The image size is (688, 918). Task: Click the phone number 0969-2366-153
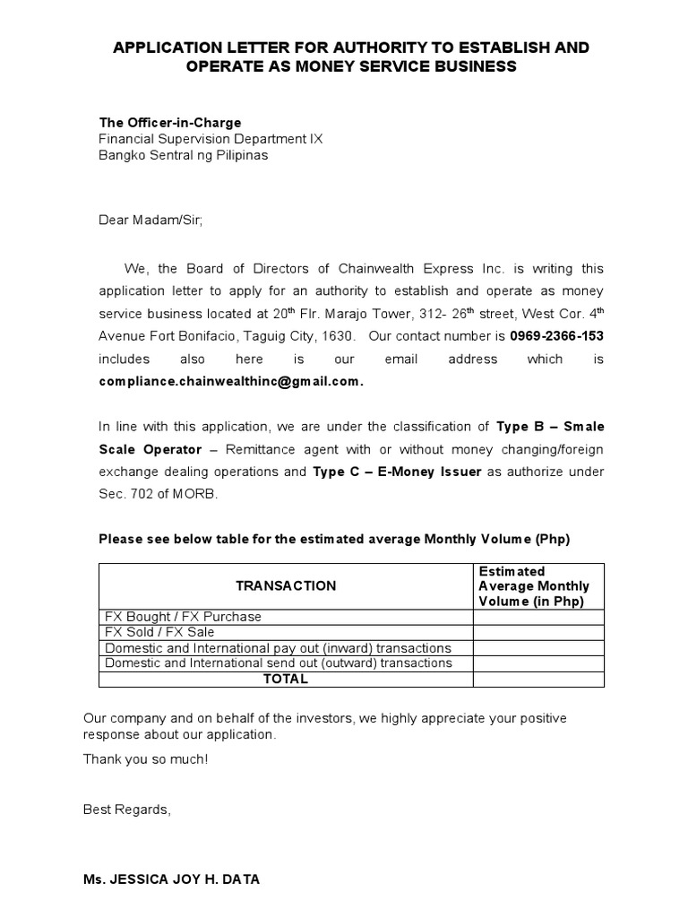(x=556, y=336)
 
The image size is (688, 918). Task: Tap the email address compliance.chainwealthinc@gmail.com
(x=231, y=381)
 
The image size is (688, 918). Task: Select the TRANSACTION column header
(x=286, y=585)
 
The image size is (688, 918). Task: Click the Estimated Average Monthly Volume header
(x=534, y=586)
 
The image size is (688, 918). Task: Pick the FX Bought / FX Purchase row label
(x=184, y=617)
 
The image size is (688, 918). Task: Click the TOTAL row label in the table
(x=286, y=679)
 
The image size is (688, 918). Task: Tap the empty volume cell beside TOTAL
(x=538, y=679)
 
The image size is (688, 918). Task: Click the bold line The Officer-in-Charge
(x=169, y=122)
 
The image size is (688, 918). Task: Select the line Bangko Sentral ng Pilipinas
(x=183, y=154)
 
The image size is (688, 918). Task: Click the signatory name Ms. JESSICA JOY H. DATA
(x=171, y=880)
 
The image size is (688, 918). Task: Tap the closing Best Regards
(x=126, y=810)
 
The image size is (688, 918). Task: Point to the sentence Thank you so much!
(x=145, y=758)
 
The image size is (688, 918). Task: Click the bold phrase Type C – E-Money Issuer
(x=397, y=472)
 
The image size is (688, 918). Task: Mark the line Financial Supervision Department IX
(x=210, y=138)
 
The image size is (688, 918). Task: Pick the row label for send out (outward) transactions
(x=279, y=663)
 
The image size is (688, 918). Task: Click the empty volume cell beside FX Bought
(x=538, y=617)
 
